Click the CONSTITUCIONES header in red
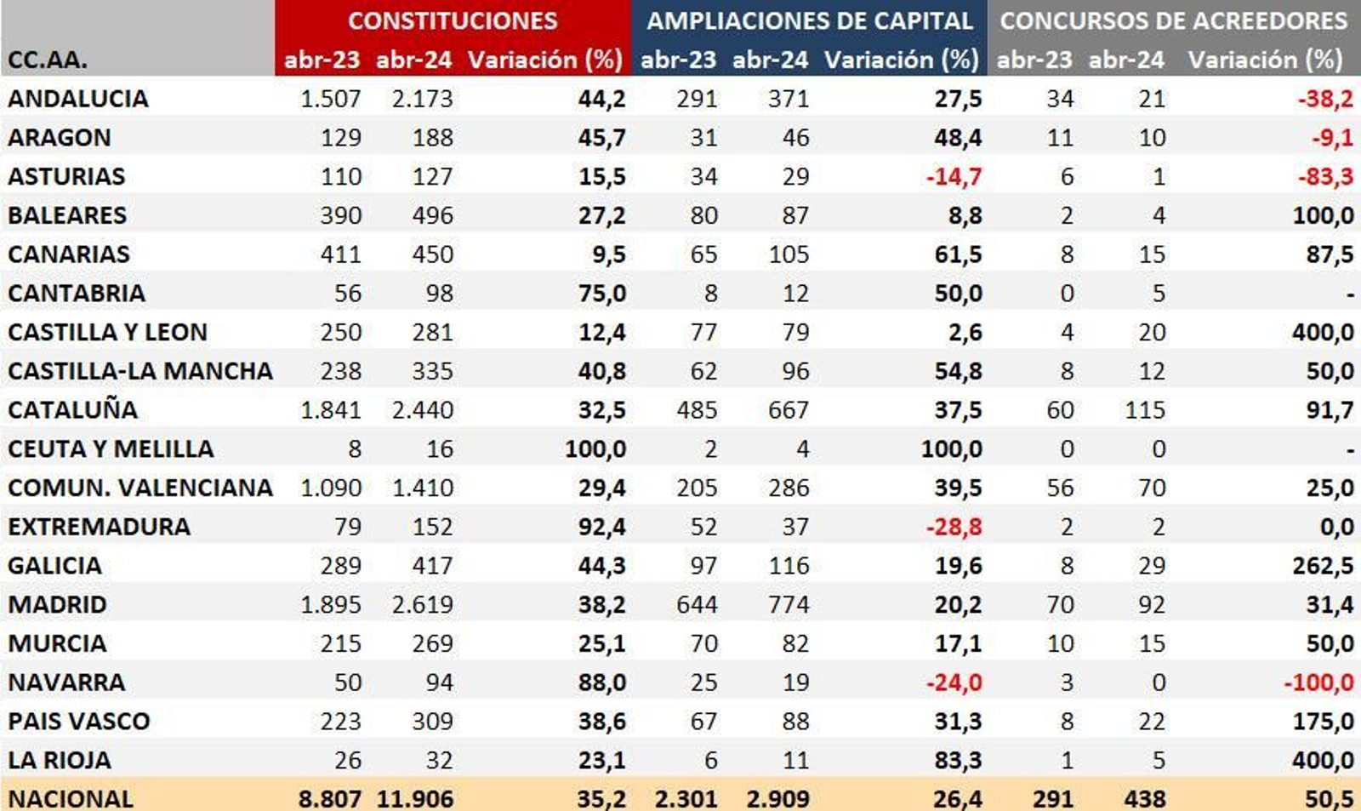coord(453,20)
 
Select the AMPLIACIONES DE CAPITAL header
coord(809,20)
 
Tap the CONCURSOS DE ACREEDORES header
coord(1173,20)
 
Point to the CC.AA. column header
coord(48,60)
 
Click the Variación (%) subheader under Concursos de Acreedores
coord(1265,60)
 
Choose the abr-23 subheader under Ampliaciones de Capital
coord(678,60)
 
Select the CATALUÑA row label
coord(73,409)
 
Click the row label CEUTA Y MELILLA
coord(111,448)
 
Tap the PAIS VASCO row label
coord(79,721)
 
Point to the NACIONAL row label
coord(71,798)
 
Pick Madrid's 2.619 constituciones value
coord(423,604)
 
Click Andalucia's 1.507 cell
coord(330,99)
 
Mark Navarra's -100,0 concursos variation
coord(1319,682)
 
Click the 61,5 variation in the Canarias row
coord(958,254)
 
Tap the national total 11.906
coord(415,798)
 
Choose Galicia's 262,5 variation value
coord(1323,565)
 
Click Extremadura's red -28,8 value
coord(954,526)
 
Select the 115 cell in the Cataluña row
coord(1144,409)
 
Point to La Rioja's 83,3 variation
coord(958,759)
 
